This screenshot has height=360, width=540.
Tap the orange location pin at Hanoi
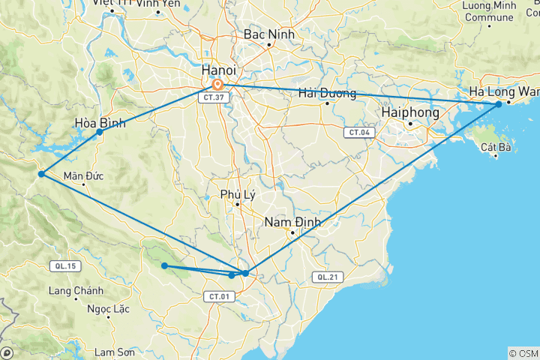coord(217,85)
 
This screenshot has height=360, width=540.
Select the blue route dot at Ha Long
coord(499,104)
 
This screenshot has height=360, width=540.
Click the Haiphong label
coord(410,112)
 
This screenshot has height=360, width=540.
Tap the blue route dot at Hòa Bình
coord(99,132)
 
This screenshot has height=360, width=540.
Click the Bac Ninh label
coord(268,34)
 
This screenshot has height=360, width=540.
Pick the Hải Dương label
coord(325,93)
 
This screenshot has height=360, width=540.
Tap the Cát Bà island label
coord(496,147)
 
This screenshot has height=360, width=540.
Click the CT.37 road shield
coord(210,97)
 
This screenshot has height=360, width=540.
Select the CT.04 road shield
coord(358,133)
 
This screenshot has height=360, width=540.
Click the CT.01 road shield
coord(218,297)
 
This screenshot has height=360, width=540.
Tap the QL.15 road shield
coord(64,266)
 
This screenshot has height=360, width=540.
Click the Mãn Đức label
coord(83,176)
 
